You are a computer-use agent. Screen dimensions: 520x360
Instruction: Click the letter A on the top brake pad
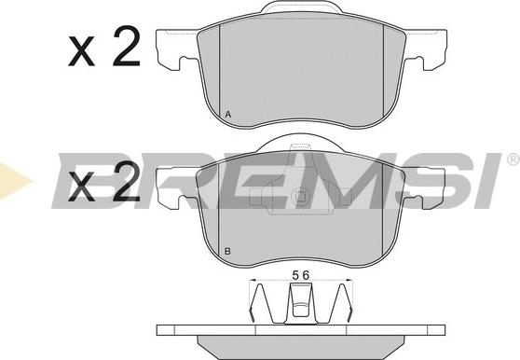coord(227,115)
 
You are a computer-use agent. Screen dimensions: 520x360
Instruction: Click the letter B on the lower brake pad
coord(227,251)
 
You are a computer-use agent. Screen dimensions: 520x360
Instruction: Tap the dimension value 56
coord(301,275)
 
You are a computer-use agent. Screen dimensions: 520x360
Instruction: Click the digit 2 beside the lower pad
coord(127,182)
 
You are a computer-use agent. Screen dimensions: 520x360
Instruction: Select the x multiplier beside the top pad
coord(82,50)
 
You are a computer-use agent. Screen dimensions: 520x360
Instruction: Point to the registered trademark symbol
coord(513,159)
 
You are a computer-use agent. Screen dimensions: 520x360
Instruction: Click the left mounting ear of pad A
coord(177,49)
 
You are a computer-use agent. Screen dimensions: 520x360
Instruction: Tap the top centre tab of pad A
coord(301,7)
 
